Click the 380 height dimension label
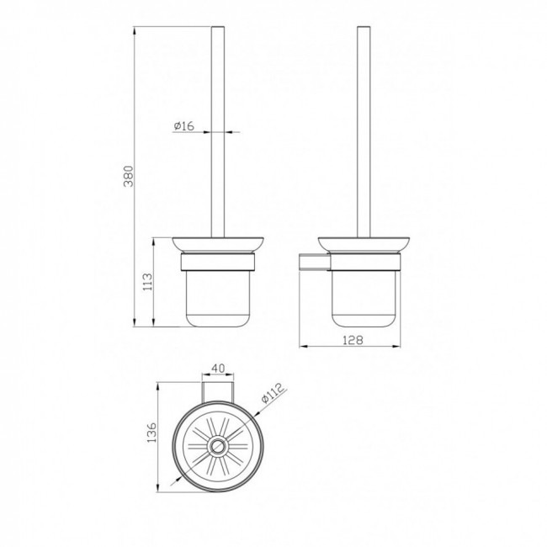click(129, 176)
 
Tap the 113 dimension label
click(148, 282)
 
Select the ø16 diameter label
click(183, 125)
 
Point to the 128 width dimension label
click(353, 340)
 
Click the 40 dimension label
click(219, 368)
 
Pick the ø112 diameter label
click(273, 393)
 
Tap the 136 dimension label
click(152, 433)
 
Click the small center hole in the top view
click(219, 446)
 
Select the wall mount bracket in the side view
click(313, 263)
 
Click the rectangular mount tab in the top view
click(218, 392)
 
